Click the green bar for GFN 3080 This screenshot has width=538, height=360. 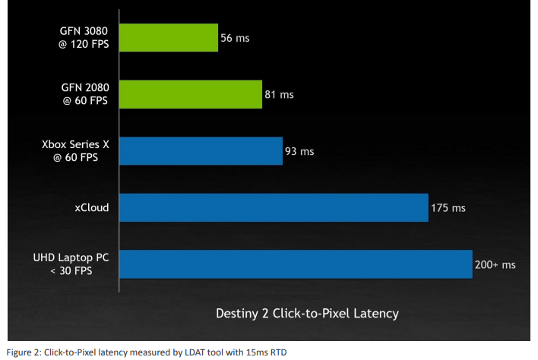[169, 37]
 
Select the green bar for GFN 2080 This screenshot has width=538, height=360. [191, 94]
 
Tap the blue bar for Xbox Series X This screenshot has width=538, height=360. [201, 150]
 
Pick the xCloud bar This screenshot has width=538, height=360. [273, 207]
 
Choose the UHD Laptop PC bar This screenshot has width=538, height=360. [296, 264]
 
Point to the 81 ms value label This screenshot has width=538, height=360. [279, 95]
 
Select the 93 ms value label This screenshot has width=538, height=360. [299, 151]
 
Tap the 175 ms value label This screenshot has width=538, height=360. [448, 208]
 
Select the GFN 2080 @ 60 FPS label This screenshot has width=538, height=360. [85, 94]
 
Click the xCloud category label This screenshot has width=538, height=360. [91, 207]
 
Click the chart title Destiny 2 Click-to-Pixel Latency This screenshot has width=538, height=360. [307, 313]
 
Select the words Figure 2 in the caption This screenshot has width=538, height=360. [23, 352]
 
